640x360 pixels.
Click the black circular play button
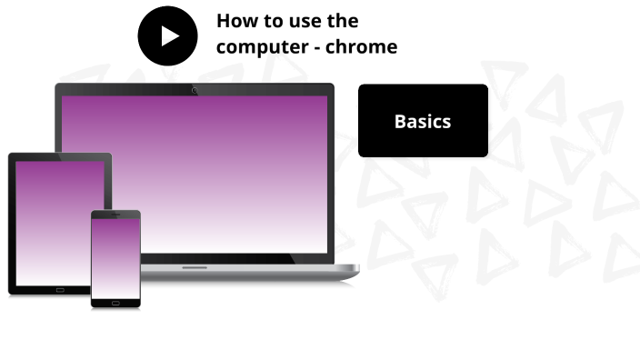pos(167,35)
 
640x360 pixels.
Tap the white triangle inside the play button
pos(169,35)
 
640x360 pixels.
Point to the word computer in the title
pos(259,46)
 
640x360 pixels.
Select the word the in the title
pos(342,21)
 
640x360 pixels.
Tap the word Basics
pos(423,121)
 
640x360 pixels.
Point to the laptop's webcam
pos(195,90)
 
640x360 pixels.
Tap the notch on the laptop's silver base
pos(195,267)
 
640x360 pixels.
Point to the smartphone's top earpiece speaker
pos(115,215)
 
